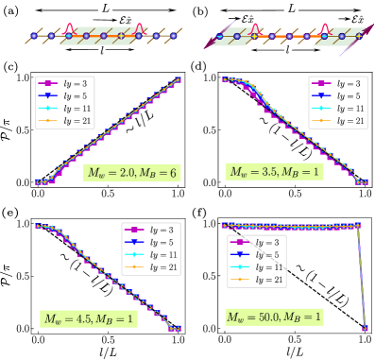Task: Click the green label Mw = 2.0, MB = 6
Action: coord(131,173)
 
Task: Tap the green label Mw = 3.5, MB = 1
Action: coord(274,171)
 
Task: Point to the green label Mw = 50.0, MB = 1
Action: coord(274,317)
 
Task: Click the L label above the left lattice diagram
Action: coord(105,8)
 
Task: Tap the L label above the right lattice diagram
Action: coord(292,8)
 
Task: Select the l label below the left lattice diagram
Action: coord(102,50)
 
